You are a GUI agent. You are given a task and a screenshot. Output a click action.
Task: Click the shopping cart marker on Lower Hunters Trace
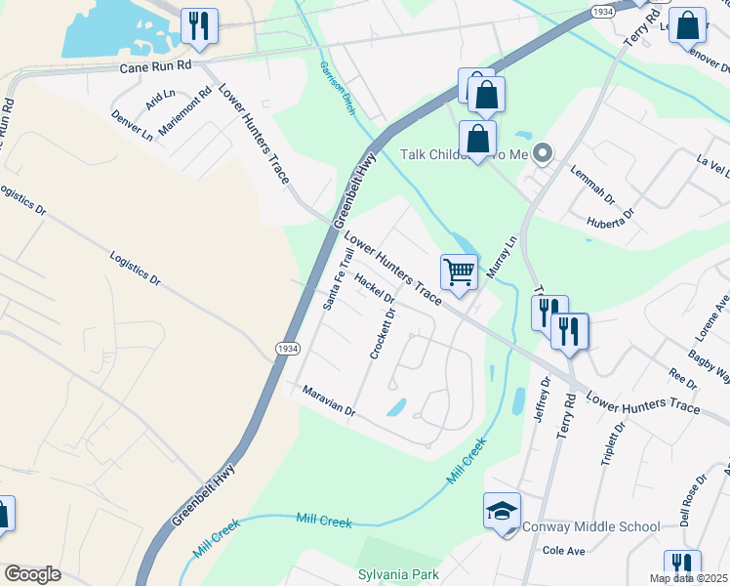[x=459, y=272]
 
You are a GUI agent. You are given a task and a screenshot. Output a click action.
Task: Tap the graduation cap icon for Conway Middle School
[x=503, y=512]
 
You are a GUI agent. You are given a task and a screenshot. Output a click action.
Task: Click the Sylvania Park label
[x=398, y=574]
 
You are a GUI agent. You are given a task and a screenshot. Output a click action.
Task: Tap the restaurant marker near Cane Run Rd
[x=199, y=27]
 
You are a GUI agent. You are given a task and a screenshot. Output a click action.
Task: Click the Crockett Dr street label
[x=382, y=334]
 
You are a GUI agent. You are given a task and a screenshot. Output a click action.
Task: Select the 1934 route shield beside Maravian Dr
[x=287, y=349]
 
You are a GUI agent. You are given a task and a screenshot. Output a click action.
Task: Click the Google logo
[x=32, y=574]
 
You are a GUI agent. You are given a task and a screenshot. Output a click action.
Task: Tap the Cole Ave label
[x=563, y=552]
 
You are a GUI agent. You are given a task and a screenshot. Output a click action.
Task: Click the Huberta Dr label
[x=611, y=217]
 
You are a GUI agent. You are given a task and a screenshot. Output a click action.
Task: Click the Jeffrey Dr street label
[x=542, y=401]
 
